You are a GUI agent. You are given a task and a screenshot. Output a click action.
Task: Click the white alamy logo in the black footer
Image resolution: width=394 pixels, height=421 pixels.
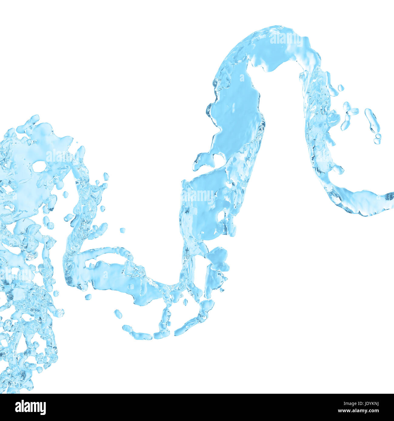tap(30, 407)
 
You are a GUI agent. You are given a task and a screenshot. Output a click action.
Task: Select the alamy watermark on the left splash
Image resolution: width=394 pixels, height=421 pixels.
tap(62, 156)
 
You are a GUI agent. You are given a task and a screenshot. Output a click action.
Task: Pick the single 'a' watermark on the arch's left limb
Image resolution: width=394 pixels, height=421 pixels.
tap(242, 78)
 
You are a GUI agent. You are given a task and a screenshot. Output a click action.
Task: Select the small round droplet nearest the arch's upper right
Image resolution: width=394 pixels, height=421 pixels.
tap(341, 88)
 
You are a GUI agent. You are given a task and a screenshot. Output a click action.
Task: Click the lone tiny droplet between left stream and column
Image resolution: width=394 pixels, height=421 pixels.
tap(122, 230)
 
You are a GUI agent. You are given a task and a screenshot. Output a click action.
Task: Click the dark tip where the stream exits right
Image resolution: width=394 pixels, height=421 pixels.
tap(389, 196)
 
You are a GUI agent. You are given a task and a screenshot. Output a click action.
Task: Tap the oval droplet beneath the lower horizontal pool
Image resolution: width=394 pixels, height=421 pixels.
tap(118, 314)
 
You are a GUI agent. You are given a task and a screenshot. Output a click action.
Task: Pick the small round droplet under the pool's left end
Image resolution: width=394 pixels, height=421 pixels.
tap(88, 297)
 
